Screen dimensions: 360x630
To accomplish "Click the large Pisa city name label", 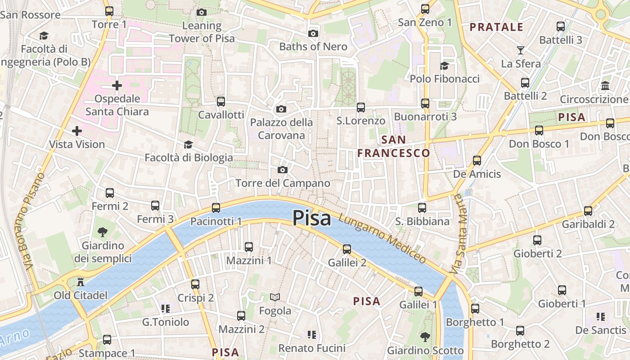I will pyautogui.click(x=311, y=218).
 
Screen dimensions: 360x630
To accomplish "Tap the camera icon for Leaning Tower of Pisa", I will pyautogui.click(x=202, y=12).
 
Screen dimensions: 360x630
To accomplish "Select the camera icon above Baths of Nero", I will pyautogui.click(x=313, y=33).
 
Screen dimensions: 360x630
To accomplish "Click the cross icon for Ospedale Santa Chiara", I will pyautogui.click(x=117, y=85).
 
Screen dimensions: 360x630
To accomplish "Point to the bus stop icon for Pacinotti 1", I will pyautogui.click(x=216, y=207).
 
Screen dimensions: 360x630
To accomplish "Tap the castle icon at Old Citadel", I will pyautogui.click(x=81, y=282).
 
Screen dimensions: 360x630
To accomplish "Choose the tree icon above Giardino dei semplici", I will pyautogui.click(x=103, y=232).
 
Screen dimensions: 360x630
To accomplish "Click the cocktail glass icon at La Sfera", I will pyautogui.click(x=521, y=50).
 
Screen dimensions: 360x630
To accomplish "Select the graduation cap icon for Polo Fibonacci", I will pyautogui.click(x=444, y=66).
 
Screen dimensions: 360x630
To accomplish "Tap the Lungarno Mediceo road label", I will pyautogui.click(x=382, y=238).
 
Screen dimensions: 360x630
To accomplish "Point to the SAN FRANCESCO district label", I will pyautogui.click(x=394, y=146).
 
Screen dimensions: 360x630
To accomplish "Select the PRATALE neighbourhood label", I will pyautogui.click(x=496, y=27).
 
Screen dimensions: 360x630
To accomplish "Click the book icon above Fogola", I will pyautogui.click(x=275, y=297).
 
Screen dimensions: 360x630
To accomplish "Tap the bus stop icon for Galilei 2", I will pyautogui.click(x=346, y=249).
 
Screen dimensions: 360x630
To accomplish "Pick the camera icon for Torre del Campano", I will pyautogui.click(x=283, y=170).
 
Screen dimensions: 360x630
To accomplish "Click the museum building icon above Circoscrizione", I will pyautogui.click(x=605, y=85).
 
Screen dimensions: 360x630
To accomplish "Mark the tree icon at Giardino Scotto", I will pyautogui.click(x=425, y=337).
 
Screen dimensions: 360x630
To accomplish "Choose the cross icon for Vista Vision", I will pyautogui.click(x=77, y=131).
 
